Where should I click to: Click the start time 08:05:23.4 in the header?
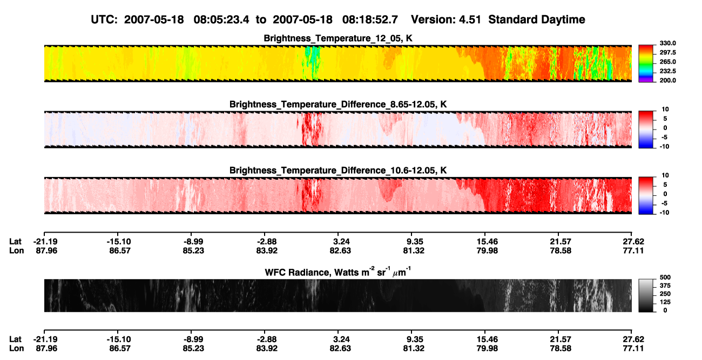coord(221,19)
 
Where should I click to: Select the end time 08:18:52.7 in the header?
coord(370,19)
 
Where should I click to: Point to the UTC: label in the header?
coord(104,19)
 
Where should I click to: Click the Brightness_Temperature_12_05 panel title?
coord(338,38)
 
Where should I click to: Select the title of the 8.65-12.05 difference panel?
coord(338,104)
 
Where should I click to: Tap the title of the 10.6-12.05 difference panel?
coord(338,171)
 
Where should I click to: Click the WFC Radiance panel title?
coord(338,272)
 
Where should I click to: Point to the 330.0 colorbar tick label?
coord(667,43)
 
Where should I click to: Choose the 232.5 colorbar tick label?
coord(667,71)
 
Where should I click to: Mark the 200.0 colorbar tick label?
coord(667,80)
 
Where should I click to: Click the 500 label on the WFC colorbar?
coord(665,277)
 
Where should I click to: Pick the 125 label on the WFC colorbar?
coord(665,302)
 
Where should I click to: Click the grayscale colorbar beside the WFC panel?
coord(646,295)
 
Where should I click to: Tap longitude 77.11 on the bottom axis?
coord(633,349)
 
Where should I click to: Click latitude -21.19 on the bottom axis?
coord(45,339)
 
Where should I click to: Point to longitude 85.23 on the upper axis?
coord(193,251)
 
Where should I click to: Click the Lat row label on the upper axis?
coord(15,242)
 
